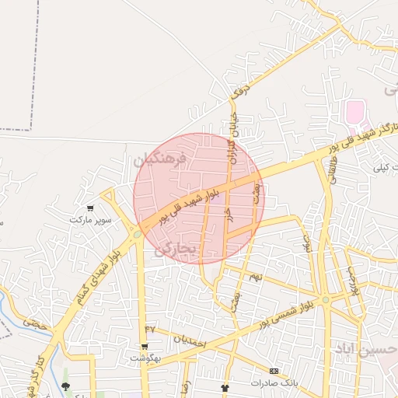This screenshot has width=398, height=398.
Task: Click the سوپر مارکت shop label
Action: tap(92, 220)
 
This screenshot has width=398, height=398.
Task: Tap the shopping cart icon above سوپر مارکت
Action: tap(90, 208)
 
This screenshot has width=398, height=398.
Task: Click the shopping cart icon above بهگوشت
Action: tap(144, 347)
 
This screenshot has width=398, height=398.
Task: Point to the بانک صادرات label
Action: tap(274, 383)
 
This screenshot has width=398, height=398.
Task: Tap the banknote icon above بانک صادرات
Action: tap(274, 371)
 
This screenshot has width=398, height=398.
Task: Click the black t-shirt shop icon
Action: tap(225, 387)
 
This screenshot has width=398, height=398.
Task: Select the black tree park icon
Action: tap(65, 386)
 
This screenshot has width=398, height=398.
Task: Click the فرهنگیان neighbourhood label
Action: tap(161, 161)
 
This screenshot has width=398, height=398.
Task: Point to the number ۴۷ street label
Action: tap(150, 330)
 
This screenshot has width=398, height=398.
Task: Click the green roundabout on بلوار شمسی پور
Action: tap(326, 299)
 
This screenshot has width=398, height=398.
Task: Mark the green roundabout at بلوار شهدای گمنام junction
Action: tap(137, 232)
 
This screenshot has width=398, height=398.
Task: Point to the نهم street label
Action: tap(255, 277)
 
